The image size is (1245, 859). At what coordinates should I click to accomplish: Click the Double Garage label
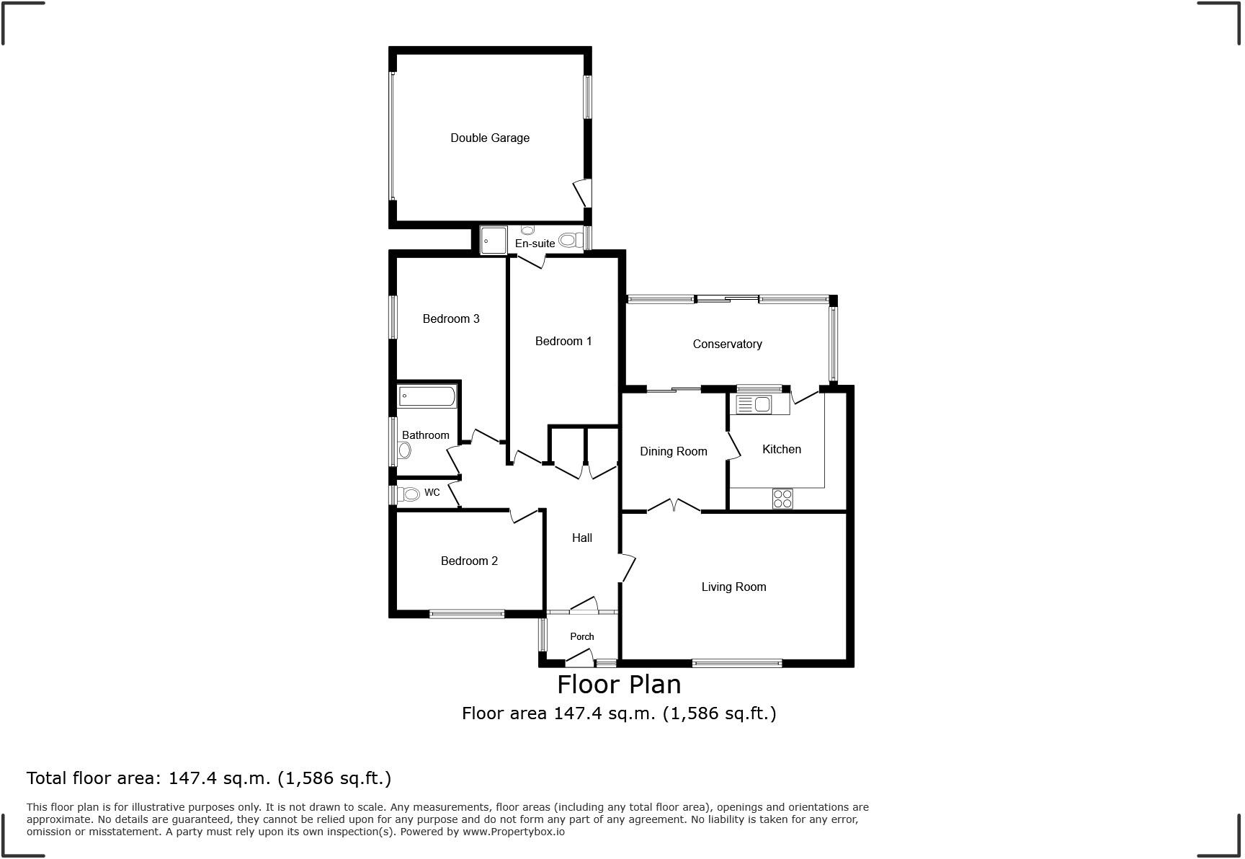pos(490,138)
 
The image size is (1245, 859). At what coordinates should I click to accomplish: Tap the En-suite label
pos(535,244)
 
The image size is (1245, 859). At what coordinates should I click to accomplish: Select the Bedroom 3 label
pos(451,319)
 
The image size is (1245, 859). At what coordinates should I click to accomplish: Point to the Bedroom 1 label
pos(563,341)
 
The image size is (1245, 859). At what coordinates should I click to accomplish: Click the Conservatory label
pos(727,344)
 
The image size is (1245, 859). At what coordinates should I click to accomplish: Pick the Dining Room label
pos(674,451)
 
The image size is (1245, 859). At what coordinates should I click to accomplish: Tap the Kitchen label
pos(782,449)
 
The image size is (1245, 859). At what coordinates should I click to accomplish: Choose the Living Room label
pos(733,587)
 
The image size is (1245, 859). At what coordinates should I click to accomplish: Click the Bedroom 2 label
pos(469,561)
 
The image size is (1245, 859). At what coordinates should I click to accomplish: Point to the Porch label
pos(582,636)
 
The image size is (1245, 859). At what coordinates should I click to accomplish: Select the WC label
pos(432,493)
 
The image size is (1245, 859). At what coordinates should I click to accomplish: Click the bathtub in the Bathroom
pos(427,396)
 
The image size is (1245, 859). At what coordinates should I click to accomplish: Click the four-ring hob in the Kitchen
pos(782,498)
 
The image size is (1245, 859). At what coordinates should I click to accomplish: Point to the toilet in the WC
pos(409,494)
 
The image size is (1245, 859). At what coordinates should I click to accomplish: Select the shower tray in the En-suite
pos(494,240)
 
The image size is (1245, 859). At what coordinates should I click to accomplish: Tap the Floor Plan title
pos(619,683)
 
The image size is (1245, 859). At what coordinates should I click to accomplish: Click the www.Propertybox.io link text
pos(514,832)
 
